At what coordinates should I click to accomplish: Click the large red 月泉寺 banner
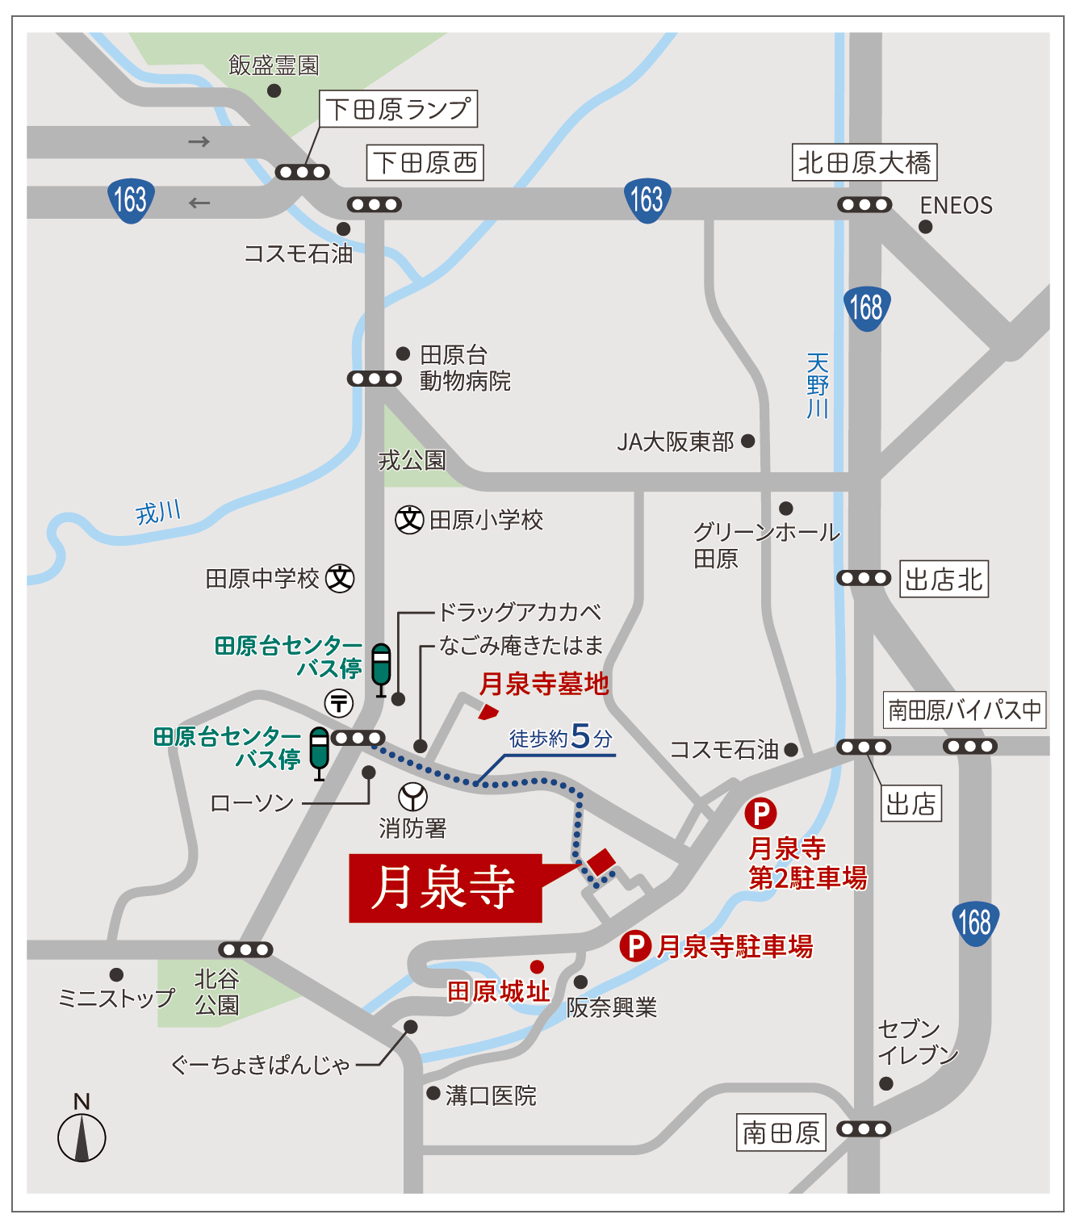[445, 888]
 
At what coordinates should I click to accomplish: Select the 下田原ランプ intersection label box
[399, 109]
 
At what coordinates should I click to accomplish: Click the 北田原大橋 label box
[864, 163]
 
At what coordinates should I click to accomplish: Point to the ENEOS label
[956, 206]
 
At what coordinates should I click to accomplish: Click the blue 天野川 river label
[818, 386]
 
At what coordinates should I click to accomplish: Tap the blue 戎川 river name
[158, 512]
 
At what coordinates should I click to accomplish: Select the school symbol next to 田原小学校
[410, 519]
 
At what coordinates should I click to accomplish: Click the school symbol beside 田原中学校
[340, 578]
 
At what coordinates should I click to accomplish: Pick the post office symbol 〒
[339, 703]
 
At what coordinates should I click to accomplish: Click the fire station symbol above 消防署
[412, 797]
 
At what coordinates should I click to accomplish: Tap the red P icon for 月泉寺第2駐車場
[760, 813]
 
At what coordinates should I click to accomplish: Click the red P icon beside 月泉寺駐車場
[635, 945]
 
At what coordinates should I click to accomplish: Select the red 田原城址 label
[498, 991]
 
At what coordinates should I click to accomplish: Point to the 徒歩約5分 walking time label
[560, 737]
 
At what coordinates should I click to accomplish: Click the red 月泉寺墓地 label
[544, 684]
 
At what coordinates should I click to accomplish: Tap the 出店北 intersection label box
[944, 580]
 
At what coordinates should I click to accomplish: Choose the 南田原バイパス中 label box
[965, 710]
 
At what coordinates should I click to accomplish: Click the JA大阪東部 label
[676, 442]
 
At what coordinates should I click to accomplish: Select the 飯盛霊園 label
[274, 65]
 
